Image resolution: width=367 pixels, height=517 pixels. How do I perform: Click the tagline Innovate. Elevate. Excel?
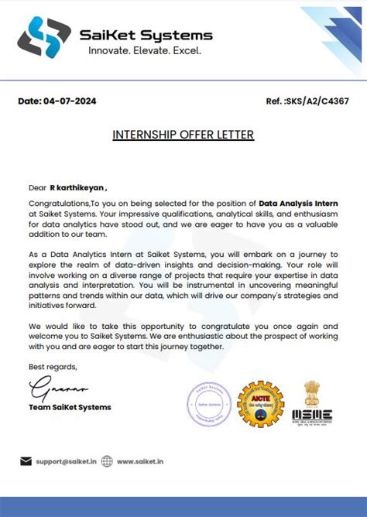144,51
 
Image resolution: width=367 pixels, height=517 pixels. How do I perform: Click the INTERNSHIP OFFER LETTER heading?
183,135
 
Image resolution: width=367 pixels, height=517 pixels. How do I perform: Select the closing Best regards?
53,366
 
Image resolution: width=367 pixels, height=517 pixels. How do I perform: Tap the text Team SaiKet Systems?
70,407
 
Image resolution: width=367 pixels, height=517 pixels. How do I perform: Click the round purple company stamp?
209,403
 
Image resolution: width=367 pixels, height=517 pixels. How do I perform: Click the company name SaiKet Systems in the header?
146,35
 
